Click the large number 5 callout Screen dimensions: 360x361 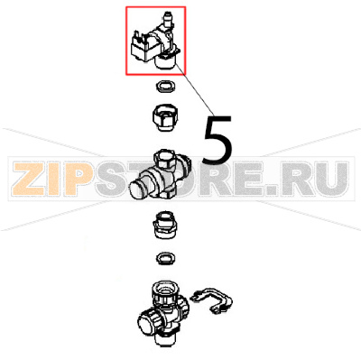click(218, 136)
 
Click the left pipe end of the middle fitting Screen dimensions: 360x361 click(142, 189)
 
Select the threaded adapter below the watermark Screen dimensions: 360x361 click(166, 226)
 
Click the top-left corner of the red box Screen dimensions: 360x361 click(127, 6)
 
